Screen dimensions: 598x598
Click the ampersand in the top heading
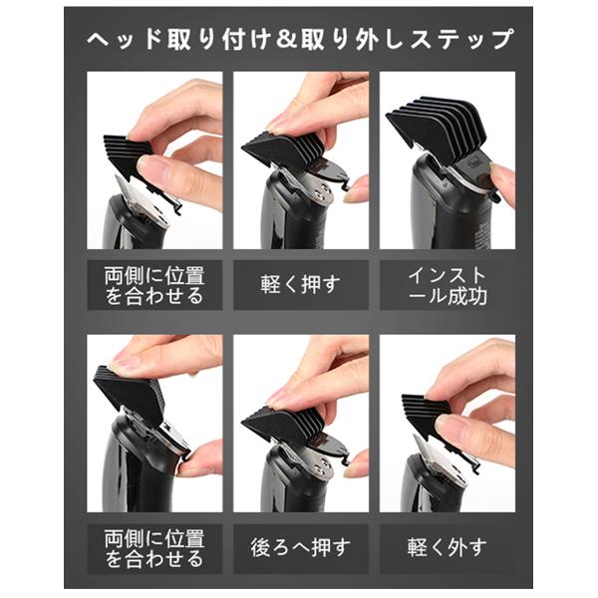click(x=287, y=39)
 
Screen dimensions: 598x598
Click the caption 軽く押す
click(x=301, y=284)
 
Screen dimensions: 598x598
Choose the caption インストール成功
click(x=448, y=285)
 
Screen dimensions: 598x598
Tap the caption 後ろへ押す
click(x=301, y=547)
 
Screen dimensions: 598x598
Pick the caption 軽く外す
click(x=447, y=547)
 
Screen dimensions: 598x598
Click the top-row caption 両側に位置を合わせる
click(x=154, y=285)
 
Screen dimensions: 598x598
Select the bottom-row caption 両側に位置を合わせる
click(x=154, y=548)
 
